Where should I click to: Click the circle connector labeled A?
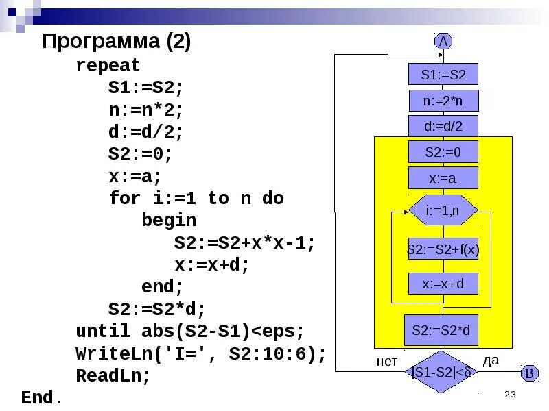coord(443,41)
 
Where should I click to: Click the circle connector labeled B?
coord(529,374)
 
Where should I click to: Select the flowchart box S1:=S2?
coord(443,75)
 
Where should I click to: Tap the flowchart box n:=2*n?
coord(443,101)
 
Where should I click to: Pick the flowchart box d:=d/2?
coord(443,126)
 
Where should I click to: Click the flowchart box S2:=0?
coord(443,152)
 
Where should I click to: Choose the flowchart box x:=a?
coord(443,179)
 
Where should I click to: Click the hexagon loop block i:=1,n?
coord(443,210)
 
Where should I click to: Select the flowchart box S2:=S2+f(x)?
coord(443,250)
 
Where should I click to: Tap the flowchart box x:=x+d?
coord(443,284)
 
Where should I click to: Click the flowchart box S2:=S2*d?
coord(441,330)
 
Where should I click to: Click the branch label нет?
coord(387,361)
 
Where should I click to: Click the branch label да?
coord(491,360)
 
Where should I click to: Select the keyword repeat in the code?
coord(108,66)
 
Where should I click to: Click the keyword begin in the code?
coord(169,221)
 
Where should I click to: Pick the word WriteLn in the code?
coord(108,354)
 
